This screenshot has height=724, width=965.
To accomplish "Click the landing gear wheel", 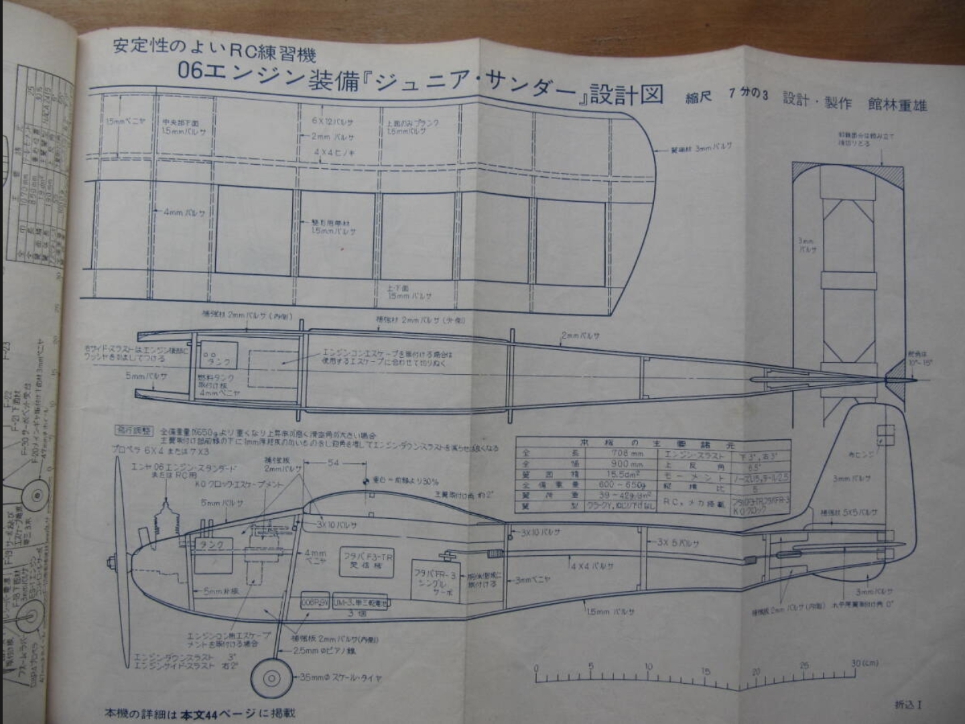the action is tap(271, 678).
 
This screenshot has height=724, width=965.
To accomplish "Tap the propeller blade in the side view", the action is tap(119, 509).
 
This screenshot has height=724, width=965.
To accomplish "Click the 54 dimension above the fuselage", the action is tap(333, 463).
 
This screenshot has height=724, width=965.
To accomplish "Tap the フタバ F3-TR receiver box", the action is tap(368, 560).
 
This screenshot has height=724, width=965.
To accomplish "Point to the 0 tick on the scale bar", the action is tap(536, 668).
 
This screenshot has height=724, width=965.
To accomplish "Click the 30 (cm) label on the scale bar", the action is tap(864, 664).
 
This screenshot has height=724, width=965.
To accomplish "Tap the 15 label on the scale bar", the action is tap(706, 671).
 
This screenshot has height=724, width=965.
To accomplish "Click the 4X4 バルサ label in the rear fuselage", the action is tap(592, 566).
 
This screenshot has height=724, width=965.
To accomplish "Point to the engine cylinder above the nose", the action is tap(164, 517).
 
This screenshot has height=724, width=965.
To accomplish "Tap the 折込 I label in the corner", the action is tap(908, 704).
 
